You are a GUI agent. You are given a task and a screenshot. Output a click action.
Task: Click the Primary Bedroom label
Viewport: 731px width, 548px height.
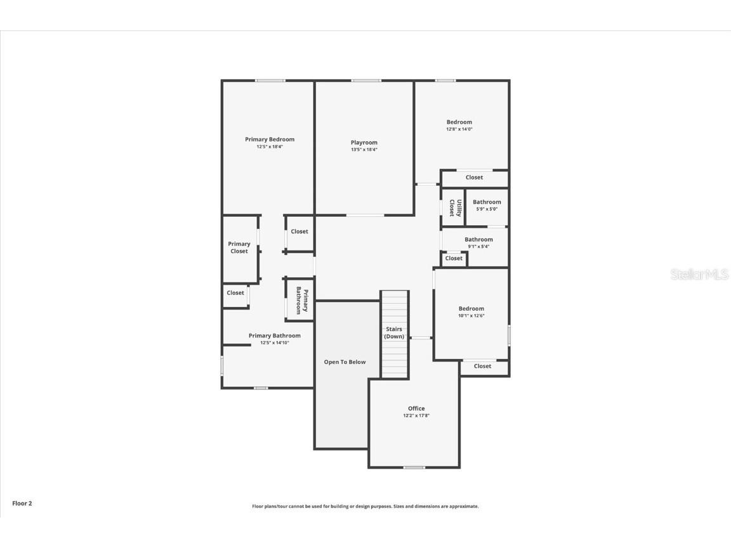270,140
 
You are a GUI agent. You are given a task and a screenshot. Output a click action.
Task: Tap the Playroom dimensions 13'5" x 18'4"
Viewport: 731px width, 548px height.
364,150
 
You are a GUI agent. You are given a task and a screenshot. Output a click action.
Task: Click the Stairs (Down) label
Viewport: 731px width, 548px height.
394,333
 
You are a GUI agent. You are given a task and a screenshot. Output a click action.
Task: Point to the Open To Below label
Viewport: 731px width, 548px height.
345,362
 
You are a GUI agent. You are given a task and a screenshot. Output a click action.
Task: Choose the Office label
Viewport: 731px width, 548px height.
416,408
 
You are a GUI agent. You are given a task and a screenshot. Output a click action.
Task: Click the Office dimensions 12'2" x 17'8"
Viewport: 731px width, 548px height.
416,415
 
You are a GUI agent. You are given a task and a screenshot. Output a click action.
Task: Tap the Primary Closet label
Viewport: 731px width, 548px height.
239,247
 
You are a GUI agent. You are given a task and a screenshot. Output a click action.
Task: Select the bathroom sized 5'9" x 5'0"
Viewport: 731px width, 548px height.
487,205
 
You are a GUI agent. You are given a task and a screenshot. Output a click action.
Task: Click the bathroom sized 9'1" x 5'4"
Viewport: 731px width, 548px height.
478,243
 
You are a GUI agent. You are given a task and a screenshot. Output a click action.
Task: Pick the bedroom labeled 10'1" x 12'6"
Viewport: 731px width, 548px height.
471,312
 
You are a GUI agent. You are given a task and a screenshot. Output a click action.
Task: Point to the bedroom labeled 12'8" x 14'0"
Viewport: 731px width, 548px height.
459,125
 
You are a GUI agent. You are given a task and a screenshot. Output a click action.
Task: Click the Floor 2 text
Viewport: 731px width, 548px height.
22,504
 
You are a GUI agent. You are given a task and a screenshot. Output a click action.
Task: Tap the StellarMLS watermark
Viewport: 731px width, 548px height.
700,275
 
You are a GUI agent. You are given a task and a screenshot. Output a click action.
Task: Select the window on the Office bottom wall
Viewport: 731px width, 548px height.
414,467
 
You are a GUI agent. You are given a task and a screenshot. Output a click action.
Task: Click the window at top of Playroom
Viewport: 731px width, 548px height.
366,81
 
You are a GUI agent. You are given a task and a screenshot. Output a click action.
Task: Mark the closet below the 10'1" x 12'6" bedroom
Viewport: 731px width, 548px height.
482,367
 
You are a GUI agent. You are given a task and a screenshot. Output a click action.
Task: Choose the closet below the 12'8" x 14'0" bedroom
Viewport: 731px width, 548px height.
474,178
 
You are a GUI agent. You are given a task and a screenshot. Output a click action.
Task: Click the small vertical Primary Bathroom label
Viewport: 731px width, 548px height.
302,300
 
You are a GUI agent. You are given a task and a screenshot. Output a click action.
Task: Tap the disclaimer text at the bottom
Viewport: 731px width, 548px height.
365,506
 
